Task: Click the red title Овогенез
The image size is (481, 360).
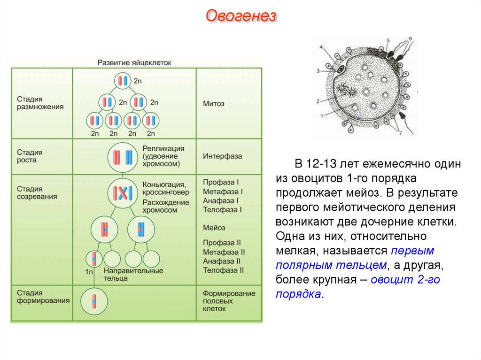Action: pos(240,17)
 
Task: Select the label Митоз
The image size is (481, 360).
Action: pos(214,103)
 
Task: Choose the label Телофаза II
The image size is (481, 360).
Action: pos(224,270)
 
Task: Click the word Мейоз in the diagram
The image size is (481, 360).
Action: pos(214,228)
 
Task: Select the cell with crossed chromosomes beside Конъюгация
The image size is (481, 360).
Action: pos(122,192)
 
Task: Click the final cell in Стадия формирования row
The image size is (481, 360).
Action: pos(93,300)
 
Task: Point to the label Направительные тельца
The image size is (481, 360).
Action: pos(133,275)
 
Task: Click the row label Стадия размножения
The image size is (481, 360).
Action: pos(40,103)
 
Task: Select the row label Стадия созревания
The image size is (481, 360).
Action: pos(37,192)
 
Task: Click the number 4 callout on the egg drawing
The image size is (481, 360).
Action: pos(321,48)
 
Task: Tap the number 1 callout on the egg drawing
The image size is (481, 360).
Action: pos(322,115)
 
